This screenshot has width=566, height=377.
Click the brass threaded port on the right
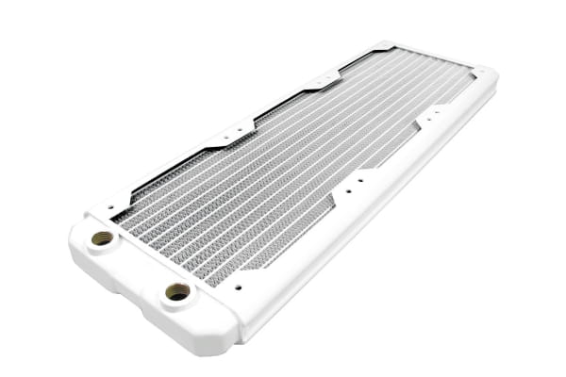point(176,292)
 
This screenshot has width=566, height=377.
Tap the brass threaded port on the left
point(102,238)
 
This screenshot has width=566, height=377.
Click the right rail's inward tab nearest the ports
point(359,185)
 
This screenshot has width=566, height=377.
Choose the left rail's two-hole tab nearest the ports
point(229,133)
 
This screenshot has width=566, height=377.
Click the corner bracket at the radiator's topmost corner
point(382,46)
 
